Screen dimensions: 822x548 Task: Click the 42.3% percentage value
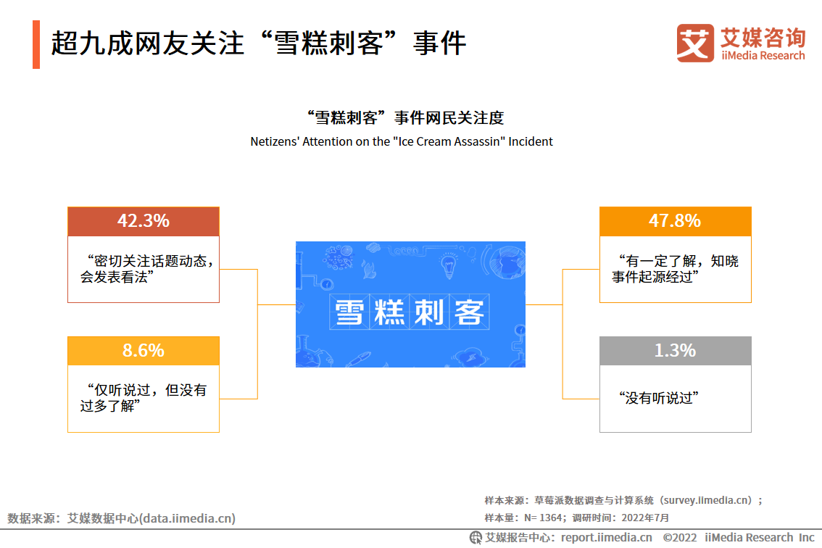tap(143, 221)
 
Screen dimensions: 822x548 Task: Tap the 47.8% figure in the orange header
tap(675, 221)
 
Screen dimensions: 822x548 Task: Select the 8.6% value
tap(143, 350)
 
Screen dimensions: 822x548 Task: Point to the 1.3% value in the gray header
tap(676, 350)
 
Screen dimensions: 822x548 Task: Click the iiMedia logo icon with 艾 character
tap(695, 43)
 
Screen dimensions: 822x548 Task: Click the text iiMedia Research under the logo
tap(763, 56)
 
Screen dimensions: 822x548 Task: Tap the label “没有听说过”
tap(658, 398)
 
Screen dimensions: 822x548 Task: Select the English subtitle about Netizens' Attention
tap(401, 141)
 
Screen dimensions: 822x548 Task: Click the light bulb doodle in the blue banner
tap(448, 265)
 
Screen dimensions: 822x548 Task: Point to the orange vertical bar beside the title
tap(36, 44)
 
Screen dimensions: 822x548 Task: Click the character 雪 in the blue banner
tap(349, 312)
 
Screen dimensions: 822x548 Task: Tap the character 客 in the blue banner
tap(469, 312)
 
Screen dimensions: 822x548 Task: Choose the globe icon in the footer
tap(476, 538)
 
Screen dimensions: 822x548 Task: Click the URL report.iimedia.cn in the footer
tap(607, 538)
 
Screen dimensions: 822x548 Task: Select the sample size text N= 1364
tap(543, 518)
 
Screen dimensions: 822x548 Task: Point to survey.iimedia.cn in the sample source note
tap(707, 500)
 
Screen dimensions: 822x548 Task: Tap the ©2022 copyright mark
tap(680, 538)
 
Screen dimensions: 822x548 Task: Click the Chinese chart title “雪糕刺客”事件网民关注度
tap(404, 118)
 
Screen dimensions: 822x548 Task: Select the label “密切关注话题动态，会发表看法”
tap(147, 269)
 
